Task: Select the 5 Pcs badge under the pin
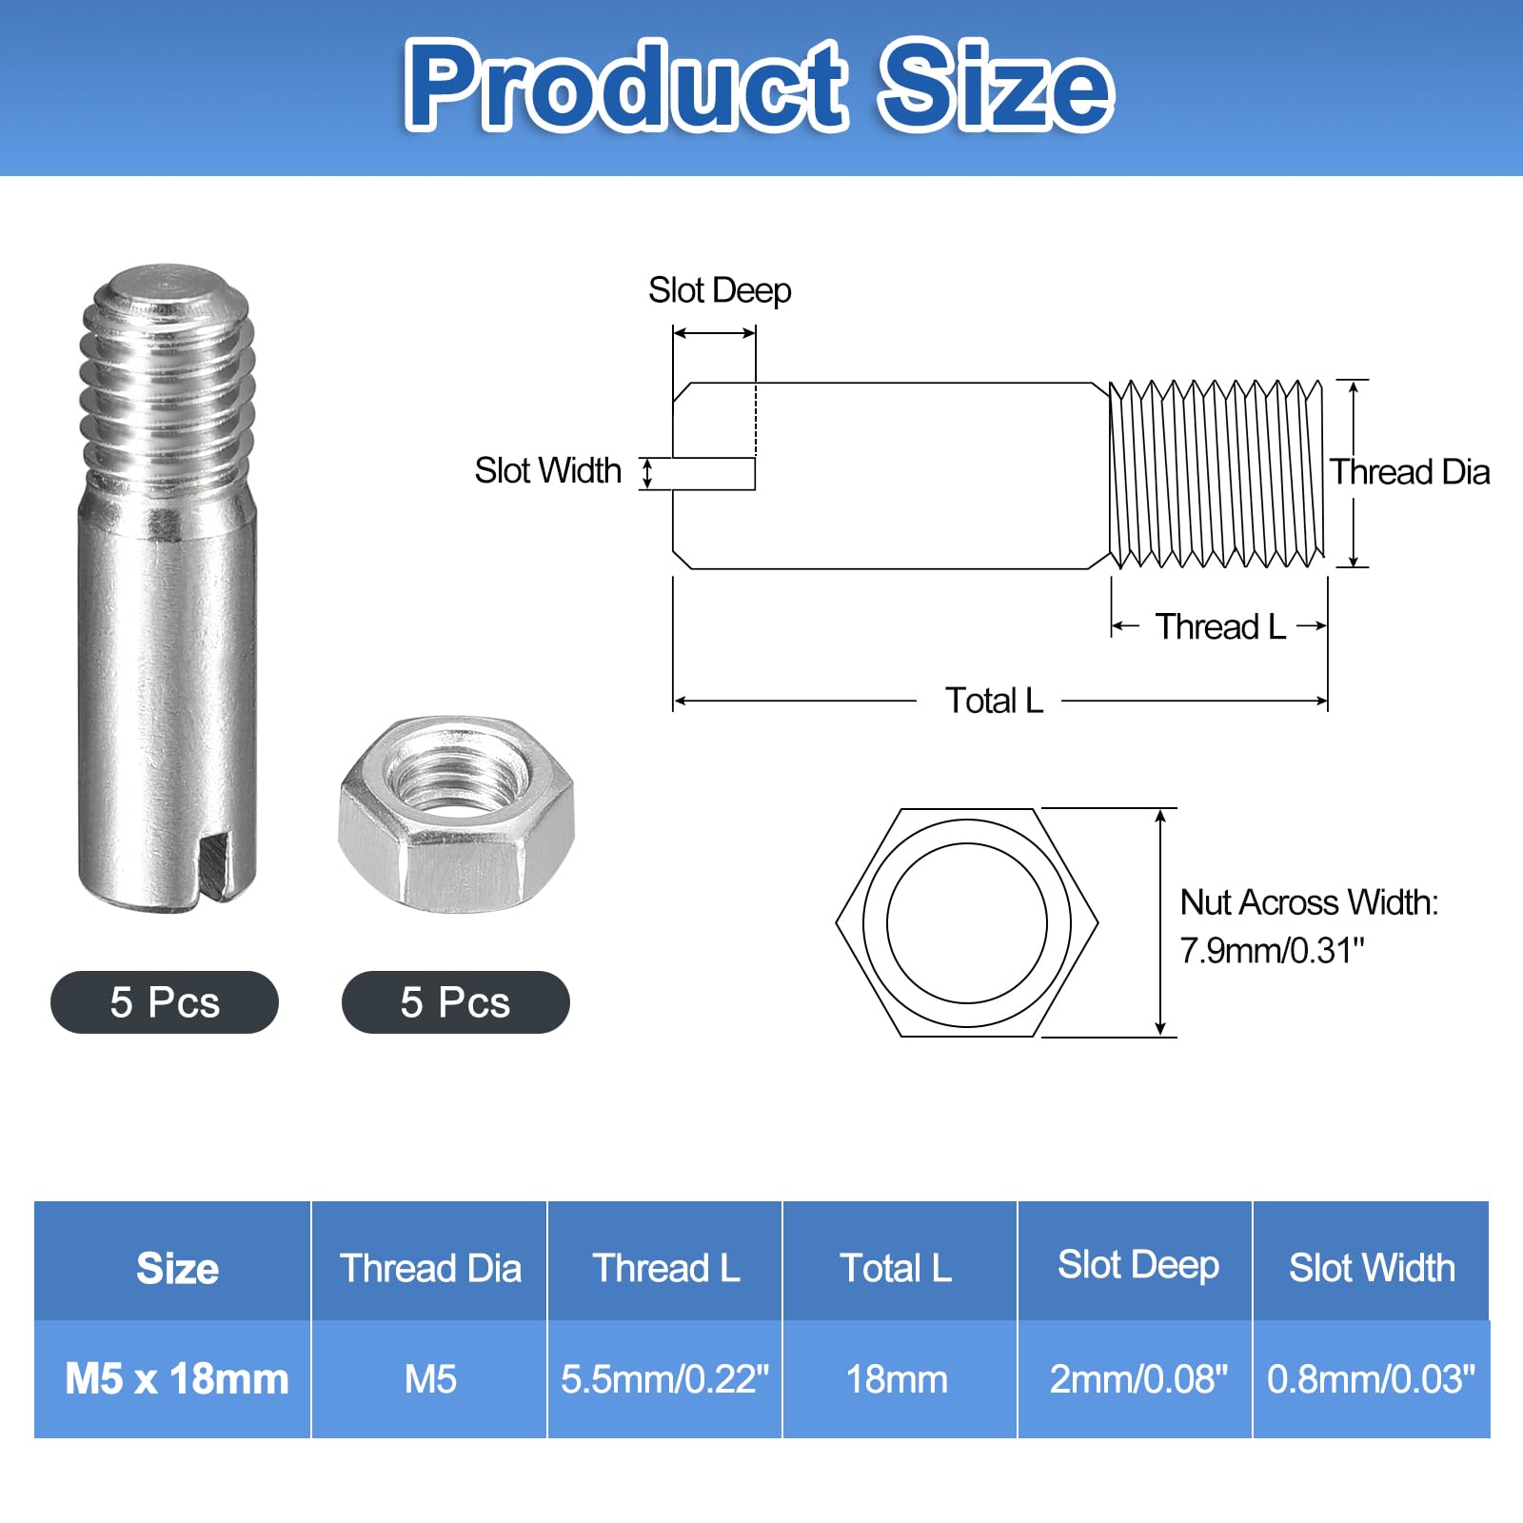pyautogui.click(x=165, y=1002)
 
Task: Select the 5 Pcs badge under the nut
pyautogui.click(x=456, y=1002)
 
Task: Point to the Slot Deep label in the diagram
pyautogui.click(x=720, y=290)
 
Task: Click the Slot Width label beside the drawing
pyautogui.click(x=548, y=470)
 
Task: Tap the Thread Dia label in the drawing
pyautogui.click(x=1410, y=472)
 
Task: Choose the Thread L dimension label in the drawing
pyautogui.click(x=1221, y=626)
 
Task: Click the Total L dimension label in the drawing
pyautogui.click(x=994, y=701)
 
